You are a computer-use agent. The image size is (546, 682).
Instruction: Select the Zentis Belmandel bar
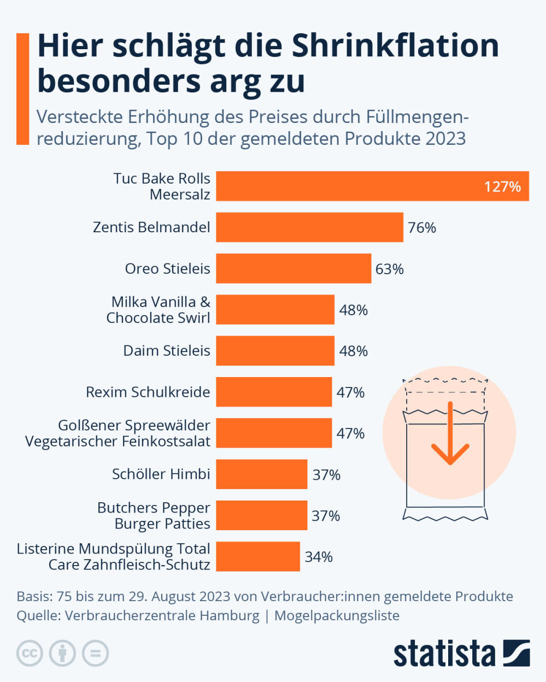tap(309, 227)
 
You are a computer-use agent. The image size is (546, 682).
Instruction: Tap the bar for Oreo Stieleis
tap(293, 268)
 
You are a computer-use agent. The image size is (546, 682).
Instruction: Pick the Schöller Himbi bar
tap(261, 474)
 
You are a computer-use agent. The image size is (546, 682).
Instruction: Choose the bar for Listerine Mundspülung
tap(257, 556)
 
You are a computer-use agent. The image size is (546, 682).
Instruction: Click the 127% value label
tap(502, 187)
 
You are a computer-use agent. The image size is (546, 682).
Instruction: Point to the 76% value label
tap(422, 228)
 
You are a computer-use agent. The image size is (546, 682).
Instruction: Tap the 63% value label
tap(390, 269)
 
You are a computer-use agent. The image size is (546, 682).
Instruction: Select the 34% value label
tap(319, 557)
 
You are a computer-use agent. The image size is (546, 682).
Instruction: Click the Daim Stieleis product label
tap(167, 351)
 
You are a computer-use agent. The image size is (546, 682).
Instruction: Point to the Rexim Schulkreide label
tap(148, 392)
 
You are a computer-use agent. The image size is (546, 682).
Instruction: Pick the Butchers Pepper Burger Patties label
tap(154, 515)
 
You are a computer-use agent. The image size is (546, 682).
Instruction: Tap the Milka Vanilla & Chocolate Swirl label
tap(158, 310)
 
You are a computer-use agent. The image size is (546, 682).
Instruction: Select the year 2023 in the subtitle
tap(445, 139)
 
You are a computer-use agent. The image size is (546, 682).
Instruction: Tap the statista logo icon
tap(516, 652)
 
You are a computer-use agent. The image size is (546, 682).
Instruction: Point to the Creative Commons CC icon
tap(30, 653)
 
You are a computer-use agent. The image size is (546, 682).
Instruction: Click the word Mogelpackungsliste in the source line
tap(337, 615)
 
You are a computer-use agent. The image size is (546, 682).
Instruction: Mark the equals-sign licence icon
tap(96, 653)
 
